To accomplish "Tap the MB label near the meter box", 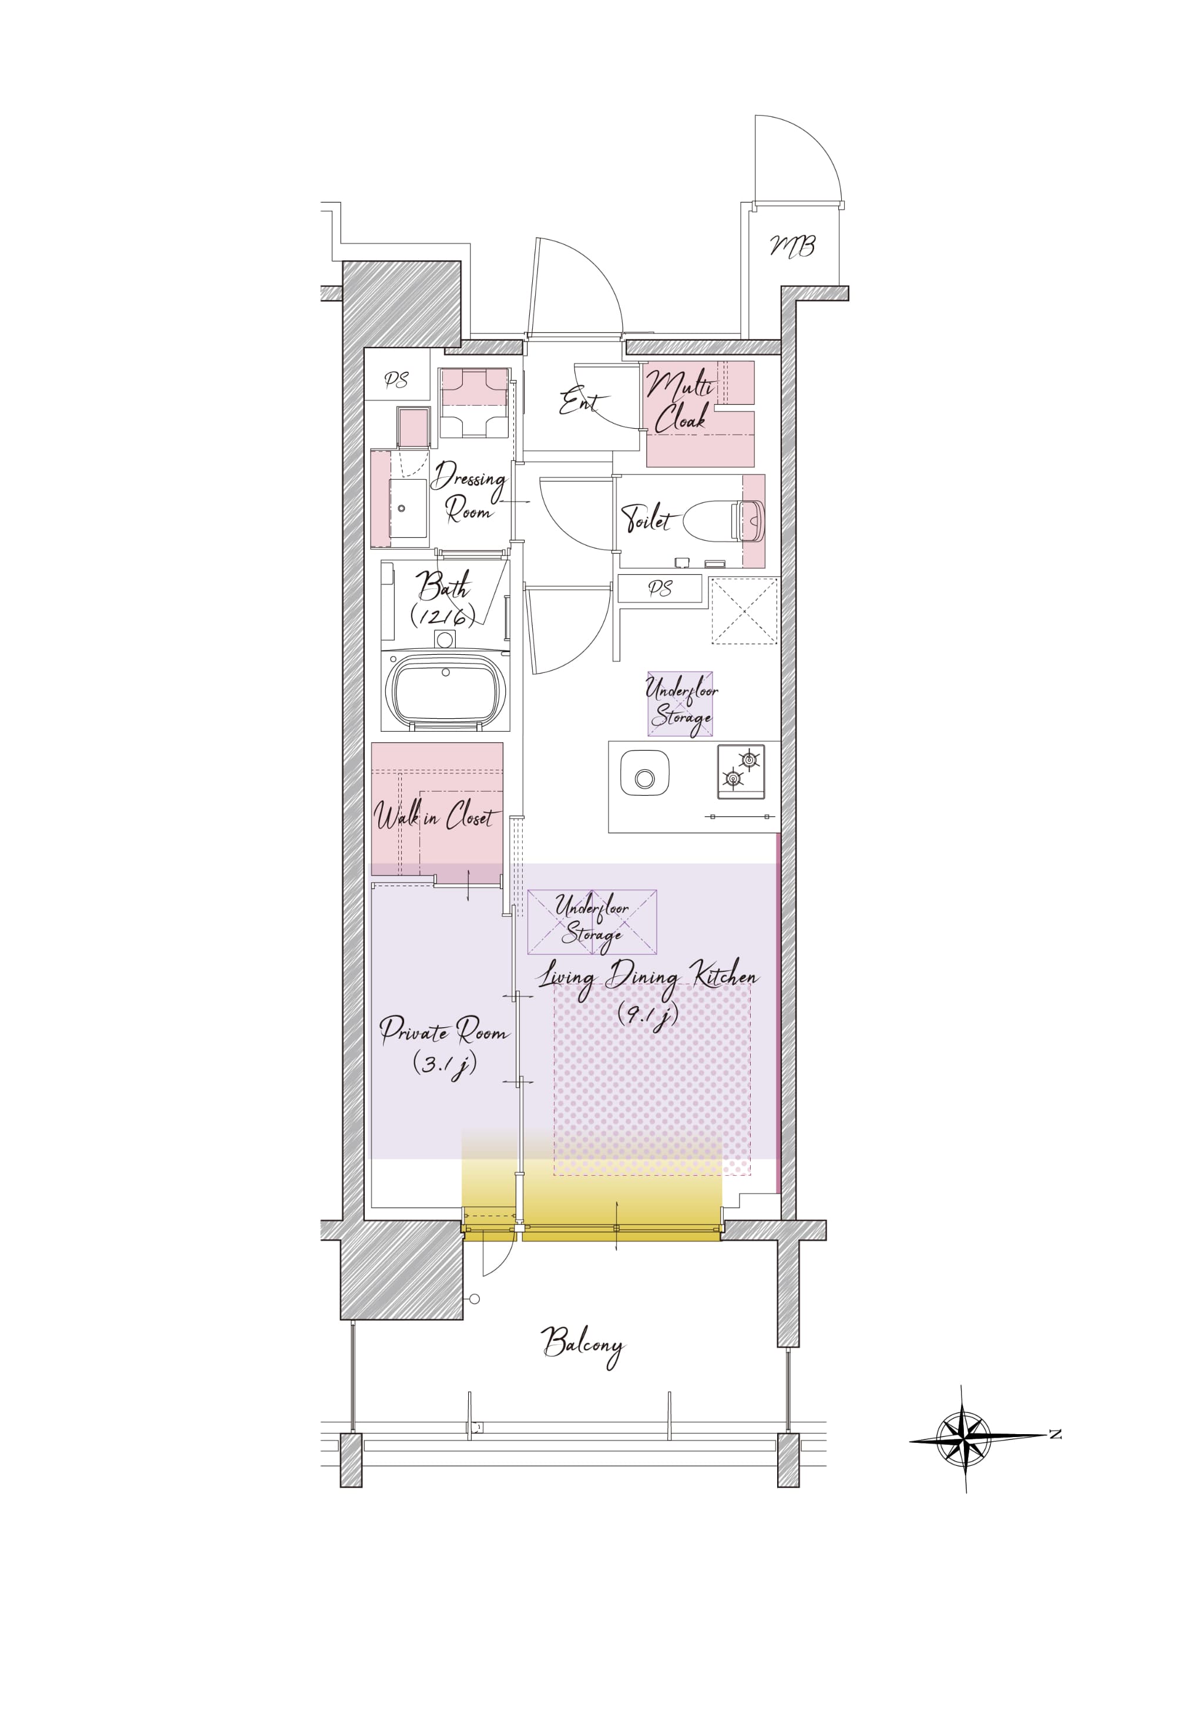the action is pos(792,245).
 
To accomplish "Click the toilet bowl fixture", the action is pos(724,520).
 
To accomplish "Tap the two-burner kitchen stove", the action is pos(741,771).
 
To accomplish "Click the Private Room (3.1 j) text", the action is pos(444,1045).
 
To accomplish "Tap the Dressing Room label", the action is pos(469,491).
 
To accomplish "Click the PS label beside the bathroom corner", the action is pos(396,381).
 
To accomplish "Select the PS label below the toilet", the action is pos(660,589).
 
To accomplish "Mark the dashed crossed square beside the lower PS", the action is pos(744,611).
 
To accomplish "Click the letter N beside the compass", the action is pos(1056,1434).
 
